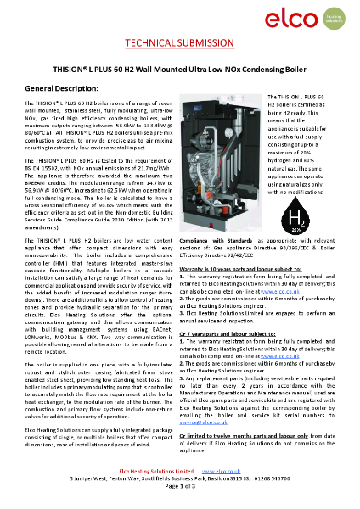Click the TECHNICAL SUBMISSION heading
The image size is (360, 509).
(179, 42)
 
